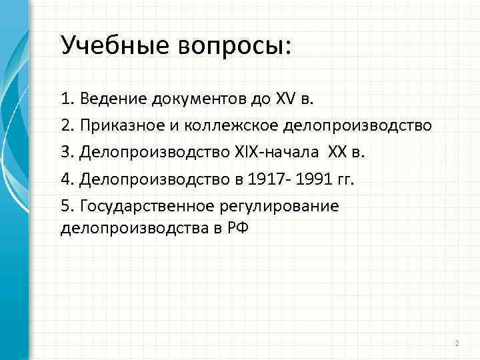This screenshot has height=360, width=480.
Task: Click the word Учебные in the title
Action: point(115,45)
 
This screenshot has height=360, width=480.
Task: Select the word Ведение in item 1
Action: point(113,100)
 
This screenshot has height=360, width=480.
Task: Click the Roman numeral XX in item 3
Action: point(338,153)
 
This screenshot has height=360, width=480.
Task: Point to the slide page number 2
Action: point(457,343)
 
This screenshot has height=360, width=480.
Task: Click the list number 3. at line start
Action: point(67,153)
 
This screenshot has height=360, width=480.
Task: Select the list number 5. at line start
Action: point(67,206)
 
